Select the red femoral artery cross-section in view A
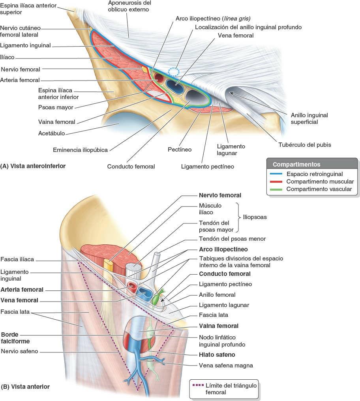pyautogui.click(x=159, y=77)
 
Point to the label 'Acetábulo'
pyautogui.click(x=52, y=133)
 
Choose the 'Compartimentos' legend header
pyautogui.click(x=296, y=164)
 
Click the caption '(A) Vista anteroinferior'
pyautogui.click(x=33, y=166)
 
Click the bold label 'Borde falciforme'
pyautogui.click(x=15, y=337)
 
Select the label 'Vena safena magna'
pyautogui.click(x=226, y=365)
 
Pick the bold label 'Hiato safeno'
pyautogui.click(x=217, y=354)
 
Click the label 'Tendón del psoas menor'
pyautogui.click(x=232, y=239)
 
